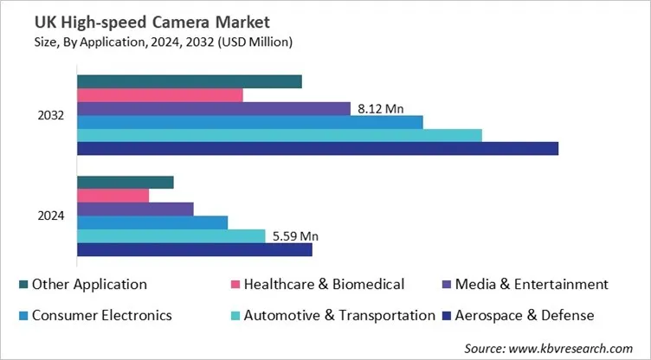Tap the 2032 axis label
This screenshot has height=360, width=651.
pyautogui.click(x=51, y=115)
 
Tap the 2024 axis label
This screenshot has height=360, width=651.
pyautogui.click(x=51, y=216)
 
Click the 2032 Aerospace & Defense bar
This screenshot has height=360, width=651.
pyautogui.click(x=317, y=149)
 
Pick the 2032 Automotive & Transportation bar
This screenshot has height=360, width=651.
pyautogui.click(x=279, y=135)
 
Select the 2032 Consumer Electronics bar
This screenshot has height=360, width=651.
pyautogui.click(x=249, y=122)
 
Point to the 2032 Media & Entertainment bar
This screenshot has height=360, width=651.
pyautogui.click(x=213, y=108)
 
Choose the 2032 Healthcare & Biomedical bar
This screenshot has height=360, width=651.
pyautogui.click(x=159, y=95)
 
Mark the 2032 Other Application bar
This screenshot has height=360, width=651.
pyautogui.click(x=189, y=81)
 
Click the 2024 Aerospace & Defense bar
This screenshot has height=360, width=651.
pyautogui.click(x=194, y=250)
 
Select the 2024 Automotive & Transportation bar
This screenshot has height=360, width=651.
pyautogui.click(x=171, y=236)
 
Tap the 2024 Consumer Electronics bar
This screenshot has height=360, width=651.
pyautogui.click(x=151, y=223)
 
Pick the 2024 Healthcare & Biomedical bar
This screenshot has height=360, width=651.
pyautogui.click(x=113, y=196)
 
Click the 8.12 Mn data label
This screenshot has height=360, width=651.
pyautogui.click(x=380, y=109)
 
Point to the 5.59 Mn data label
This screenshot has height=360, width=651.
pyautogui.click(x=295, y=235)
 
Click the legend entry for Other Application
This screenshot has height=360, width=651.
pyautogui.click(x=88, y=284)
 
